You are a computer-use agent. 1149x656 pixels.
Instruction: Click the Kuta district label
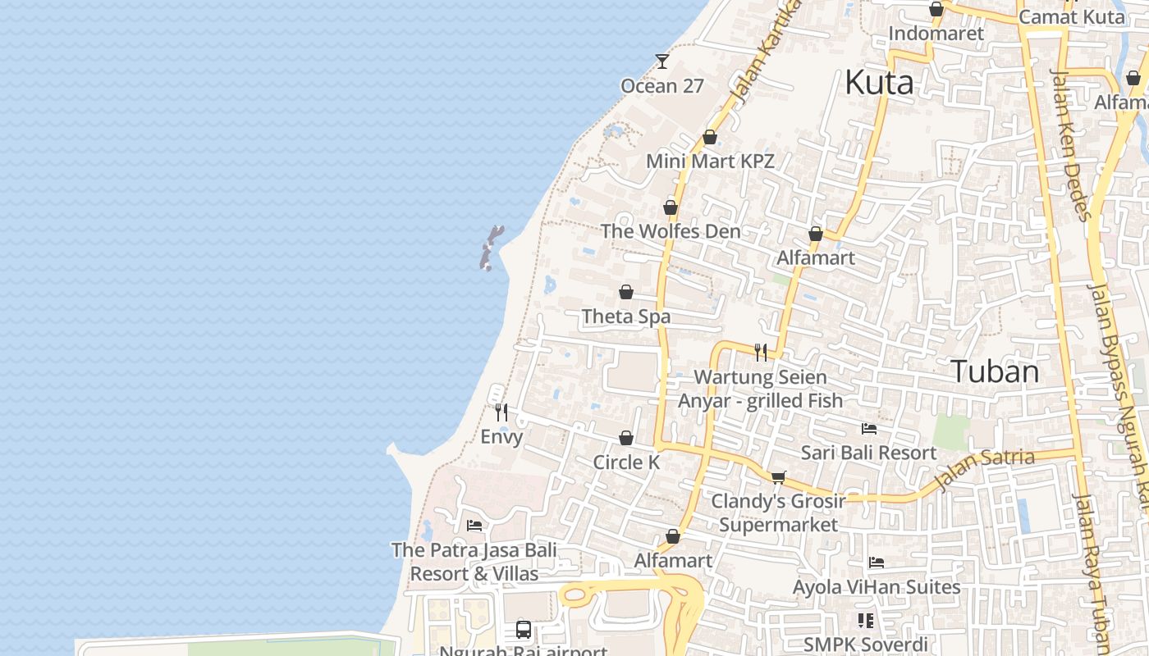tap(879, 83)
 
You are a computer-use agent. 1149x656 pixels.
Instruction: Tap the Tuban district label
tap(995, 371)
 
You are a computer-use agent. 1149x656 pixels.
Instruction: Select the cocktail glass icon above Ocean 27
tap(662, 61)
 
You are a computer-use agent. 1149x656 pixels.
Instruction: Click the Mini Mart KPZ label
tap(710, 161)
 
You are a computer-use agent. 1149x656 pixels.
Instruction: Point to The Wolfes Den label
tap(671, 231)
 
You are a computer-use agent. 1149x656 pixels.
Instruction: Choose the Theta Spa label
tap(626, 317)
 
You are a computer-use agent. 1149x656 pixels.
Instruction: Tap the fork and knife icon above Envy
tap(501, 412)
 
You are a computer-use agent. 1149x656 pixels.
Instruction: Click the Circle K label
tap(626, 462)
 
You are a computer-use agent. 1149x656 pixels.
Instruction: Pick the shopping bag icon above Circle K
tap(626, 439)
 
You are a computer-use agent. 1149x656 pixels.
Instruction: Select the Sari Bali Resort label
tap(868, 453)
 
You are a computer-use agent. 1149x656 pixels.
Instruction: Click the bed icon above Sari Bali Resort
tap(869, 429)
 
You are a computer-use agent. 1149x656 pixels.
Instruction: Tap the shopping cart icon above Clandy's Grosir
tap(778, 477)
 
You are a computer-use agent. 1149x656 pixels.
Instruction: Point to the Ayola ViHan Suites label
tap(877, 587)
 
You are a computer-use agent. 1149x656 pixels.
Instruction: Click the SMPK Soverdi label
tap(866, 645)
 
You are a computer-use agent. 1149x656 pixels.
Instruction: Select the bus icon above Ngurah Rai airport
tap(524, 630)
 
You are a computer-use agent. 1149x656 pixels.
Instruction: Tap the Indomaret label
tap(936, 34)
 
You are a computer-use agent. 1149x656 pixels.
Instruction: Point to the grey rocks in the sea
tap(491, 248)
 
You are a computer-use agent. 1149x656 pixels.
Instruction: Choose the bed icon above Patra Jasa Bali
tap(474, 526)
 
